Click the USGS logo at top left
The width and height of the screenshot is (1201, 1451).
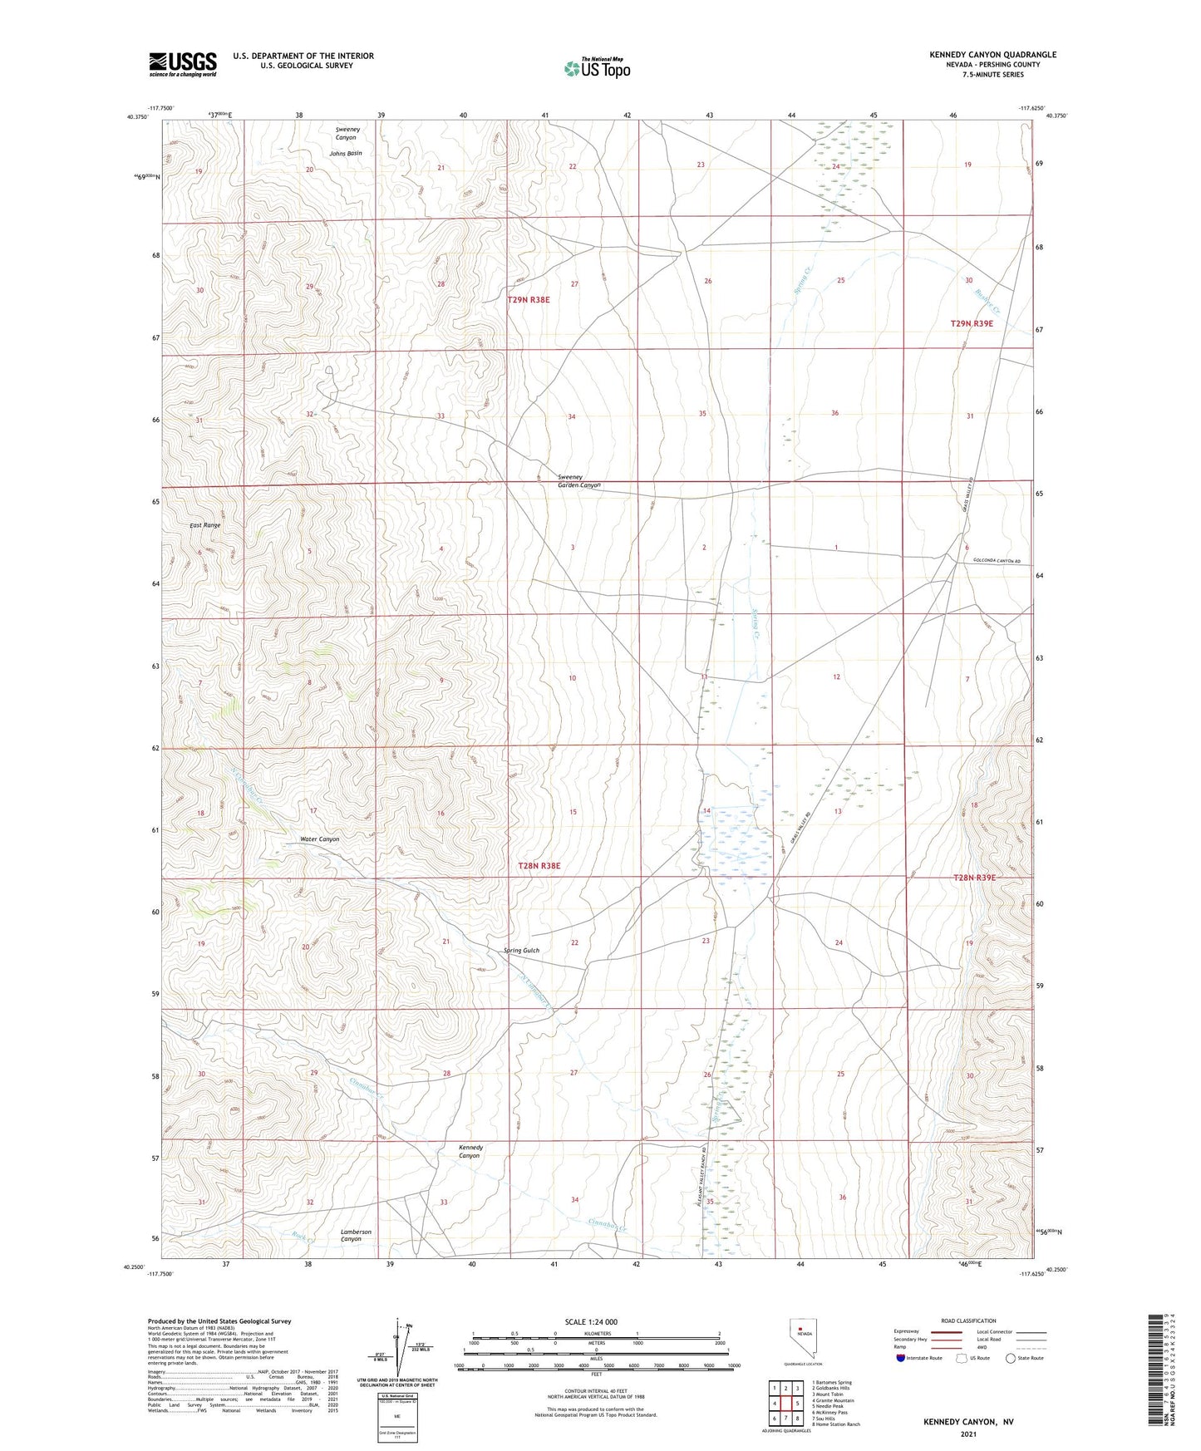pyautogui.click(x=183, y=63)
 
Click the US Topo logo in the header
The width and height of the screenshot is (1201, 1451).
pyautogui.click(x=597, y=67)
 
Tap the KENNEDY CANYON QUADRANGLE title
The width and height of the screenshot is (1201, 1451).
pyautogui.click(x=992, y=55)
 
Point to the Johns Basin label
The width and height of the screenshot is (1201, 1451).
pyautogui.click(x=346, y=153)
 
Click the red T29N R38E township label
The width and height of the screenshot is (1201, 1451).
pyautogui.click(x=529, y=300)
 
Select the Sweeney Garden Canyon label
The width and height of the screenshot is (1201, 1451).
pyautogui.click(x=578, y=481)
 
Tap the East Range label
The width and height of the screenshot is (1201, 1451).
pyautogui.click(x=204, y=525)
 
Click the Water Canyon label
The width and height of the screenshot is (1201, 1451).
pyautogui.click(x=319, y=839)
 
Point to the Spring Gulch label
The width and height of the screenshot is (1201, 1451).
pyautogui.click(x=521, y=951)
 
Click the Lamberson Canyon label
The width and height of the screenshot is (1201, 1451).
pyautogui.click(x=356, y=1235)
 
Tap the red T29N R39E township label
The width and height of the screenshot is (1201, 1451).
pyautogui.click(x=971, y=323)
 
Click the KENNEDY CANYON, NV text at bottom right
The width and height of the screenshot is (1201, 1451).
pyautogui.click(x=968, y=1422)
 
